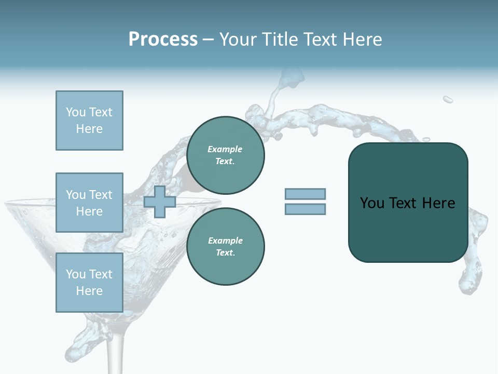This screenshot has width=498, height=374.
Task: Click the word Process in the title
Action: point(163,39)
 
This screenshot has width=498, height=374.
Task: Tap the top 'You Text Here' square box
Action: point(89,121)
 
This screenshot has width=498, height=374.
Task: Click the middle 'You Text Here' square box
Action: point(89,203)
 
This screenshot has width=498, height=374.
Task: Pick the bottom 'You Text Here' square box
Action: point(89,283)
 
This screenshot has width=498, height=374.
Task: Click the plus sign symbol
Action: point(160,202)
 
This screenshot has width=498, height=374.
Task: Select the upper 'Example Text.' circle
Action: point(225,155)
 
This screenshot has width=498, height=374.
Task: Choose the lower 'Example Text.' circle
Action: point(225,247)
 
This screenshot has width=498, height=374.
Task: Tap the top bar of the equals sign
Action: point(305,194)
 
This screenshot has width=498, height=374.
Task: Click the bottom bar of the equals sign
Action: point(305,209)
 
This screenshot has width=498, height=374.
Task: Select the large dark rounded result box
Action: point(408,202)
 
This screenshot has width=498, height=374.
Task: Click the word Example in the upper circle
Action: point(225,149)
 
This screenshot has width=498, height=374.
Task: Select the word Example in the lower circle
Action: point(225,241)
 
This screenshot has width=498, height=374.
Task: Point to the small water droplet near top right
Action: point(448,99)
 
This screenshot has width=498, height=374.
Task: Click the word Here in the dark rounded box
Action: point(438,203)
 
